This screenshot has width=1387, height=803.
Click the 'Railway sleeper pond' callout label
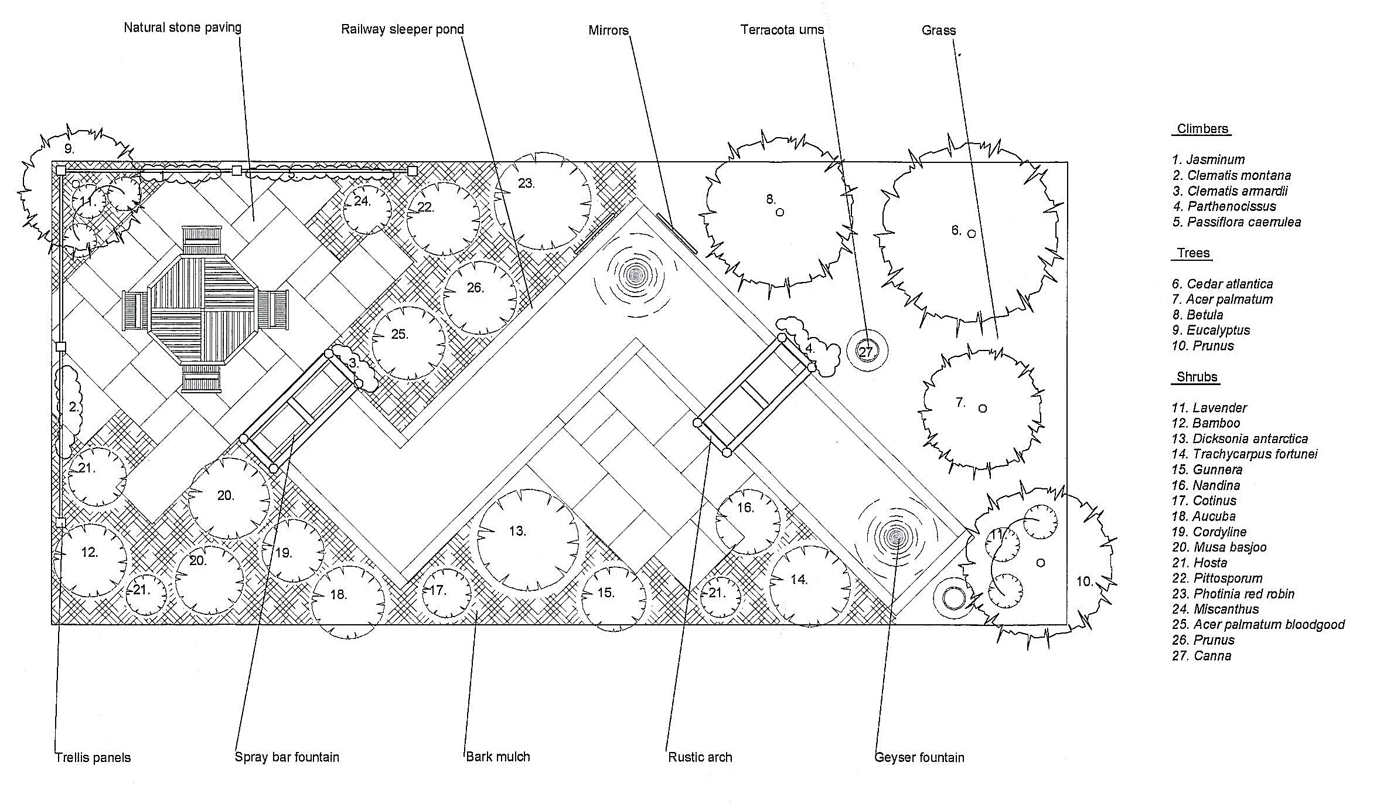(x=402, y=29)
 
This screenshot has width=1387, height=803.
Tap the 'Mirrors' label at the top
(x=608, y=30)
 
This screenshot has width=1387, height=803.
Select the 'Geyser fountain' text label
(x=919, y=757)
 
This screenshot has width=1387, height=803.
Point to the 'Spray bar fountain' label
(x=287, y=757)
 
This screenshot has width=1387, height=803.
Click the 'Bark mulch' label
(x=497, y=757)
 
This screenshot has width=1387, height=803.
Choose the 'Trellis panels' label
(x=93, y=757)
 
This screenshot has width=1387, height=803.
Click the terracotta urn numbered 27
(x=867, y=352)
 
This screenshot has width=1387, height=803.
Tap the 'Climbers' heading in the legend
(x=1202, y=129)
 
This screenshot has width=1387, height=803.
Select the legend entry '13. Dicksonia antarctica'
(x=1239, y=438)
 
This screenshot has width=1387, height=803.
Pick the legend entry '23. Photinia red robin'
(x=1233, y=594)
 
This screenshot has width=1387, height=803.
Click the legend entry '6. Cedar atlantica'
(x=1222, y=284)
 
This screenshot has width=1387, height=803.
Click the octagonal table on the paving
(x=203, y=309)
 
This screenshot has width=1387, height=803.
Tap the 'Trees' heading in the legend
(x=1193, y=253)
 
